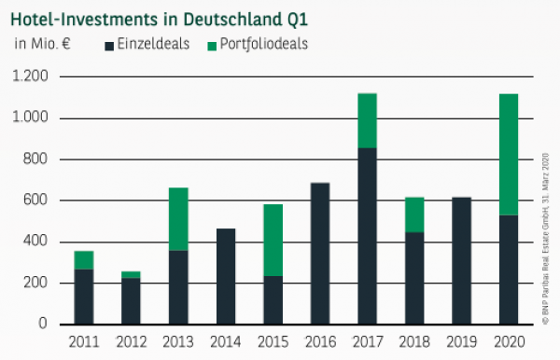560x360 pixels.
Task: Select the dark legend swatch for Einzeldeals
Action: pos(110,44)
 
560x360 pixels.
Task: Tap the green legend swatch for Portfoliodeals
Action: pos(213,44)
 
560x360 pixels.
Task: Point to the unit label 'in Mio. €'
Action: pos(42,44)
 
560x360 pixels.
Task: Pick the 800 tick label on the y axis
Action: pos(35,159)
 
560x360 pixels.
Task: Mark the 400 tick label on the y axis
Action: pos(35,242)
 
